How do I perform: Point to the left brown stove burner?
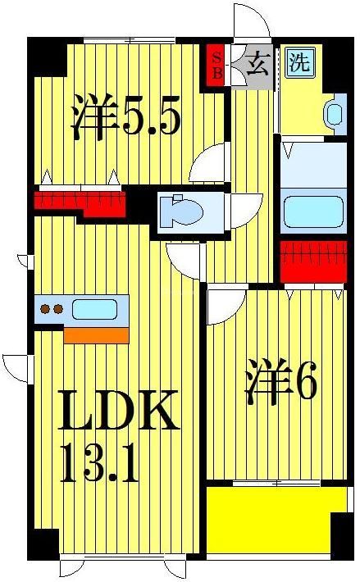click(45, 310)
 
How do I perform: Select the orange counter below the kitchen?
click(96, 334)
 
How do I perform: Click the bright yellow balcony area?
click(270, 521)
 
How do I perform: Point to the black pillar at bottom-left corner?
click(43, 545)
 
